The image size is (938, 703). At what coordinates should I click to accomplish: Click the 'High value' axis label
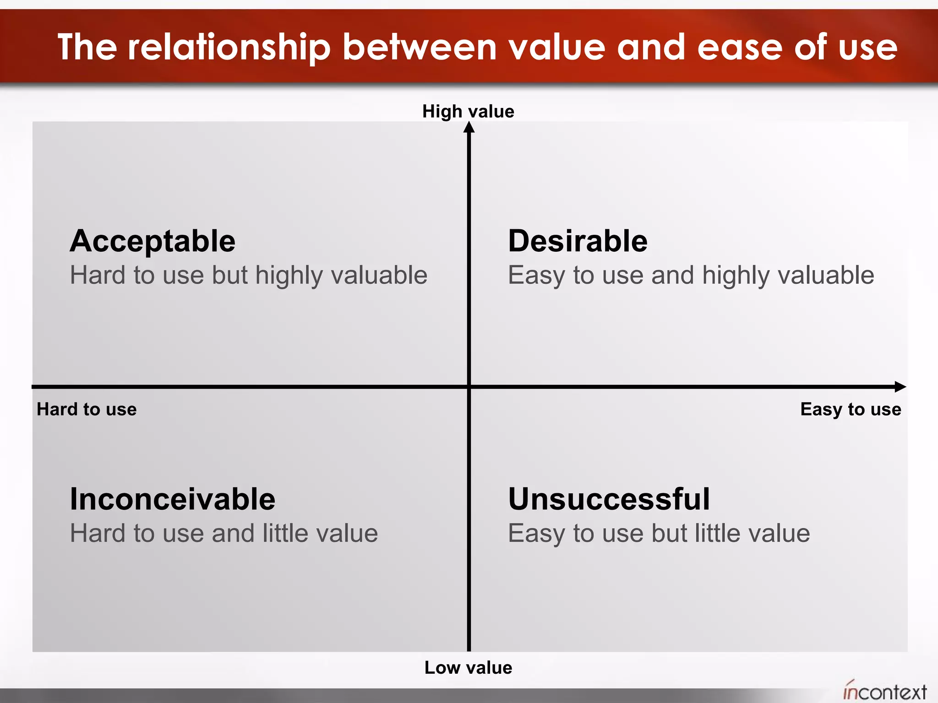click(468, 111)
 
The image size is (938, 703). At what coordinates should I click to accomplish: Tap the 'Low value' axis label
click(468, 667)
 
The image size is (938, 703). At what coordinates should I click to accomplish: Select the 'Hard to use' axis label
click(87, 409)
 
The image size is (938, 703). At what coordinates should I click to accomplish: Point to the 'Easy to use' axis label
click(851, 409)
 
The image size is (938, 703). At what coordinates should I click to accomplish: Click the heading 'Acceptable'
click(153, 241)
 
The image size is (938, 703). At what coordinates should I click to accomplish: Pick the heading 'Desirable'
click(578, 241)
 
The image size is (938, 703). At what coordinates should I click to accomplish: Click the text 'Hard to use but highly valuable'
click(249, 276)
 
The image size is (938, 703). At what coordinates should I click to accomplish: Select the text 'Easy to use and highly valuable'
click(691, 276)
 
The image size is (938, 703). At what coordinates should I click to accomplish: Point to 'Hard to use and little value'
click(224, 533)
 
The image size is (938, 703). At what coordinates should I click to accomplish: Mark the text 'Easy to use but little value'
click(659, 533)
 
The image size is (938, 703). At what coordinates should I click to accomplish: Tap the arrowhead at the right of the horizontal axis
click(900, 387)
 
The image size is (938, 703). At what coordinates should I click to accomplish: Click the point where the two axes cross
click(469, 387)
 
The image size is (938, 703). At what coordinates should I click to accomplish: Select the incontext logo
click(885, 691)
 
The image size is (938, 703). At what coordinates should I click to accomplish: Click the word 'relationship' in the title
click(229, 47)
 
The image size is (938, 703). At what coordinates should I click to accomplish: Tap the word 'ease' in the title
click(740, 47)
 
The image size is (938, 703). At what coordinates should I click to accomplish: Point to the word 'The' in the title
click(87, 47)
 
